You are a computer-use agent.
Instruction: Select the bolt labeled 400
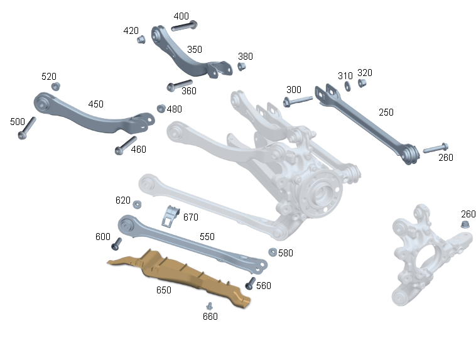[184, 26]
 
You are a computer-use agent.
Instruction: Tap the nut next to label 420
[141, 40]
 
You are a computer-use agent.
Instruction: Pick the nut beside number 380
[241, 66]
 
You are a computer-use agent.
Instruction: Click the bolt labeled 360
[180, 85]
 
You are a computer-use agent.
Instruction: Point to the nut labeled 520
[55, 86]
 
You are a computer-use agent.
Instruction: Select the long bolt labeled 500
[27, 128]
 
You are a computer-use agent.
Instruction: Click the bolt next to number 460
[126, 146]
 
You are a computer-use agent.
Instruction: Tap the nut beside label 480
[161, 109]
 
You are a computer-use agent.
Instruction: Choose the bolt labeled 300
[298, 101]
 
